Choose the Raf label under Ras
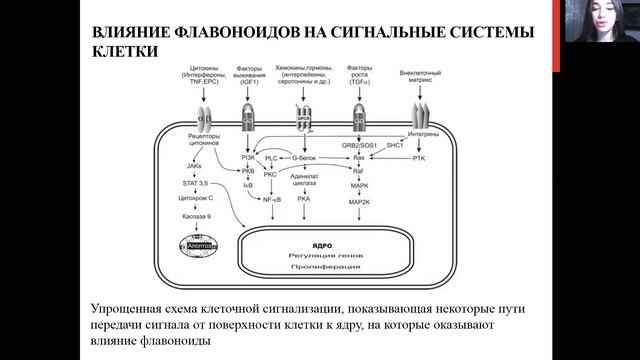[x=359, y=172]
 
